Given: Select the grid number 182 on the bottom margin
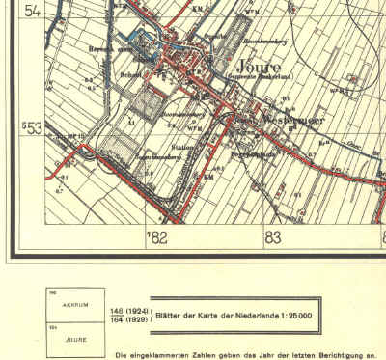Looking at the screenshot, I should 157,235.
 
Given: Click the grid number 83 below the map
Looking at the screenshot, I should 274,235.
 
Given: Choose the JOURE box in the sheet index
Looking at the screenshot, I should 70,339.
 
